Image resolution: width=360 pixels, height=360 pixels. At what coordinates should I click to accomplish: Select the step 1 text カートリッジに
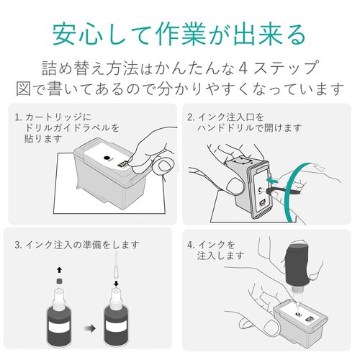[x=58, y=116]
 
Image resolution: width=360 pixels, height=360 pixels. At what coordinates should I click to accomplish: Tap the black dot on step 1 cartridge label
[x=106, y=156]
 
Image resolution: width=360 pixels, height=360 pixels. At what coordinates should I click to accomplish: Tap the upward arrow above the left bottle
[x=58, y=269]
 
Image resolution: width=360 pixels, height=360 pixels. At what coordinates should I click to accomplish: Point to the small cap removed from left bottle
[x=58, y=281]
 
